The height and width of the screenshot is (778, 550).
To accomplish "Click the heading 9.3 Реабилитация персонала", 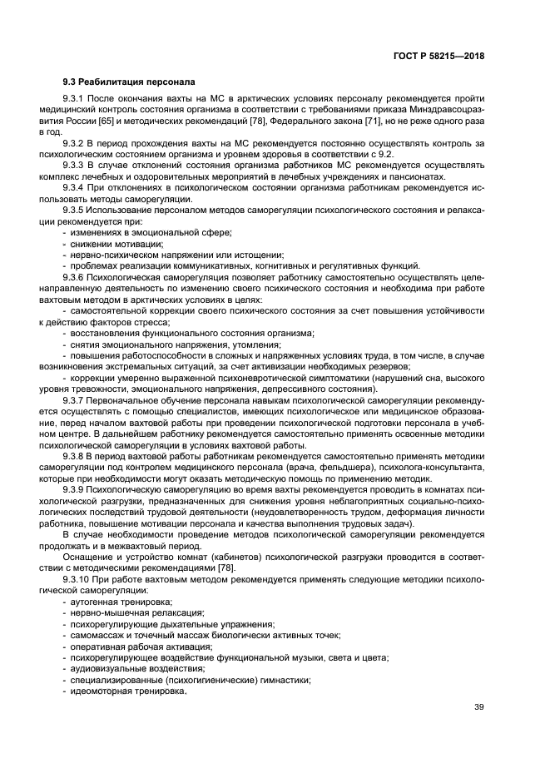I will [x=129, y=82].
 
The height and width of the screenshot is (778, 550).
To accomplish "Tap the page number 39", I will [x=478, y=708].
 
